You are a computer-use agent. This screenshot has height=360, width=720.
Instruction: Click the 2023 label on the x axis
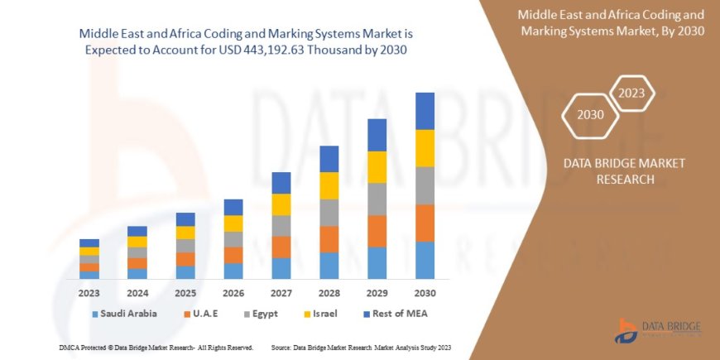tap(89, 293)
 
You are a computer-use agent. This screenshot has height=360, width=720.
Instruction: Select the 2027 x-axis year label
tap(281, 293)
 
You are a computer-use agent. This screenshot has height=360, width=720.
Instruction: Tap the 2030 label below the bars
tap(425, 293)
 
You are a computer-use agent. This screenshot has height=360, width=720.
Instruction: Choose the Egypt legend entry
tap(260, 314)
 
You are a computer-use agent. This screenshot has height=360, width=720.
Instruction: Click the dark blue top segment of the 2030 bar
tap(425, 111)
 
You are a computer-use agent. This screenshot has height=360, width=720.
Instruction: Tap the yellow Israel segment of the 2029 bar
tap(377, 167)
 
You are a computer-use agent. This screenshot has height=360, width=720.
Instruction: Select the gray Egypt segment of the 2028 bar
tap(329, 213)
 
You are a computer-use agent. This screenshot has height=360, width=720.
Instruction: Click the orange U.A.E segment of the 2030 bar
tap(425, 223)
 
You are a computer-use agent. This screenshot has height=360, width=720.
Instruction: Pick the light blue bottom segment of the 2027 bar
tap(281, 268)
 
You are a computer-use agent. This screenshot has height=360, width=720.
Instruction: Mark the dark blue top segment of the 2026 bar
tap(233, 207)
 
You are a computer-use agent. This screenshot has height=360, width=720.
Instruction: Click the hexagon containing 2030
tap(590, 114)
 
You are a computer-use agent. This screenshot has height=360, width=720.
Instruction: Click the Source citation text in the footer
tap(360, 347)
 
